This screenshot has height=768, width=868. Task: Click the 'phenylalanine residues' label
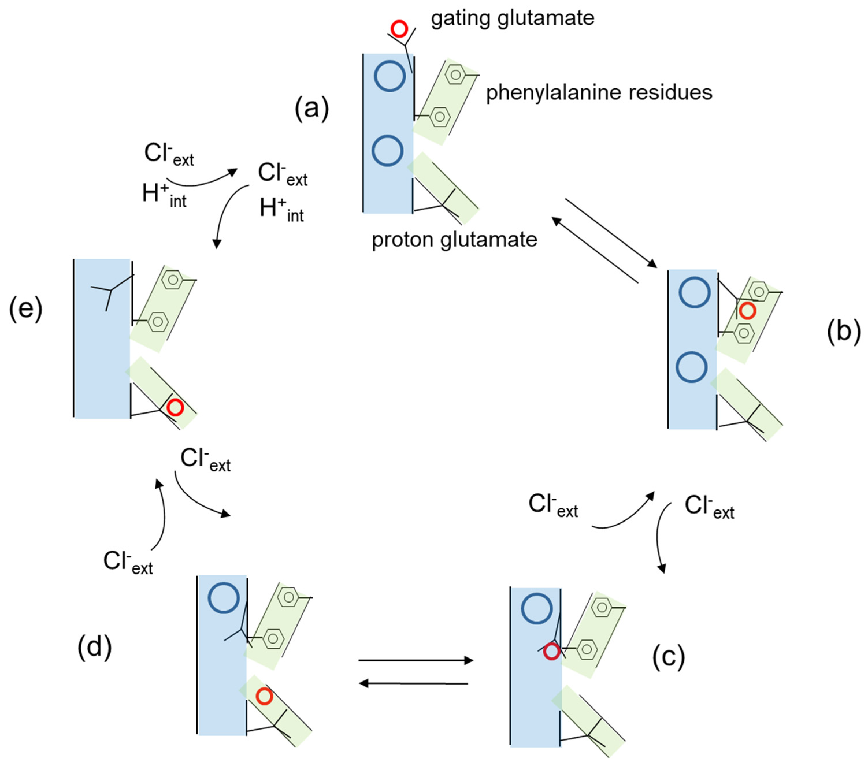[599, 92]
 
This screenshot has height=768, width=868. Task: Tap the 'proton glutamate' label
[455, 240]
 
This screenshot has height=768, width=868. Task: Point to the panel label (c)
[668, 657]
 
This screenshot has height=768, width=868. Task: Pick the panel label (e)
[25, 309]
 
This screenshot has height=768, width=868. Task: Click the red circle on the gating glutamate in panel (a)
[399, 29]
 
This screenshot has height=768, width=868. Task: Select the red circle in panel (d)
[264, 697]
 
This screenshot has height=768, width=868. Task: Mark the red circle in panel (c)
[551, 651]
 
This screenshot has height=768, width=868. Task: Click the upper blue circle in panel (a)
[390, 76]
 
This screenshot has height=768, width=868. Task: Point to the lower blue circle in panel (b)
[691, 367]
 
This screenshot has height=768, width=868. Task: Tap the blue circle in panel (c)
[537, 608]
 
